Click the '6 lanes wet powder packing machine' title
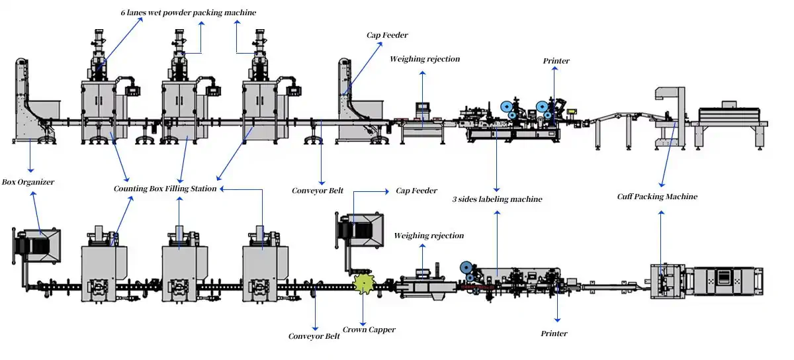[188, 13]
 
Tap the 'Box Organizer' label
[28, 181]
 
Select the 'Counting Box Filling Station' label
[165, 189]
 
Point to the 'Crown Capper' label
[369, 329]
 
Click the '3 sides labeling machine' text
[497, 199]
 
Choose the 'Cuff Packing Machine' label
[657, 197]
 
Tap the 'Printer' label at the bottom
[554, 334]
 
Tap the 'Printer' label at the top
[556, 61]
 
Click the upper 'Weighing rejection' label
[424, 59]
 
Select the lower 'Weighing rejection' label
[429, 236]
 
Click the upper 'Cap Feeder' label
[388, 34]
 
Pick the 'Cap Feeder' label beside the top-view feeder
[416, 191]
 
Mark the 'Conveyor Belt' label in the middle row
[318, 191]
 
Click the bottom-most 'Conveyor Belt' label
[314, 336]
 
